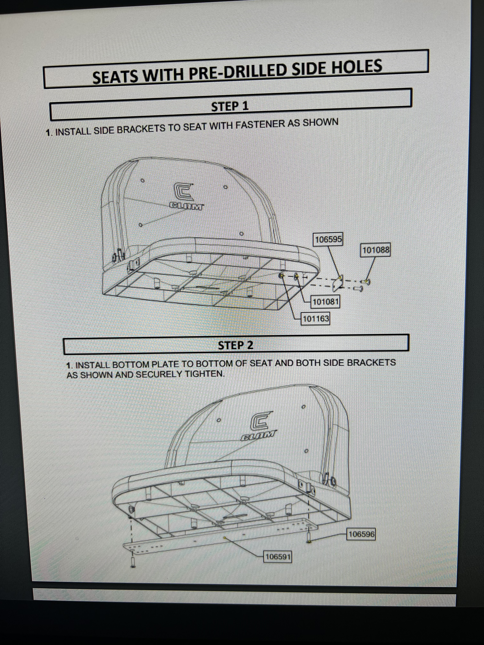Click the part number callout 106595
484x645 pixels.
point(328,240)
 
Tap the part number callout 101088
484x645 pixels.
point(375,250)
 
